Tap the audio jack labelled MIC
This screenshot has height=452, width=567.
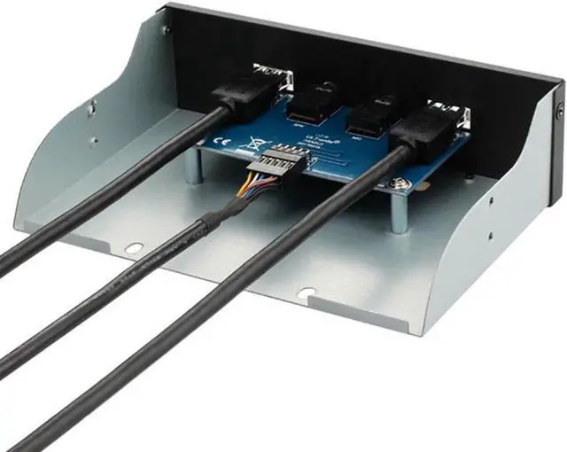click(x=366, y=115)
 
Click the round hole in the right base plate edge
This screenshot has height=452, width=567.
click(x=305, y=292)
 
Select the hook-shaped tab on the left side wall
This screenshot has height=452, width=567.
click(x=89, y=110)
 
